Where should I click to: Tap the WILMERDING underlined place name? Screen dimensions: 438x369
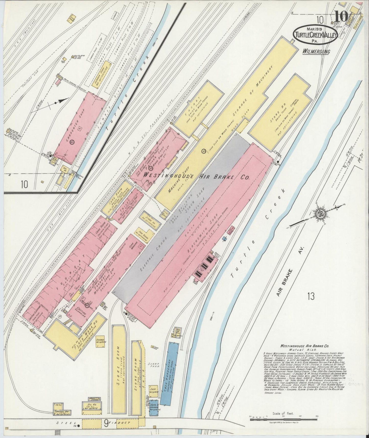pyautogui.click(x=316, y=51)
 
